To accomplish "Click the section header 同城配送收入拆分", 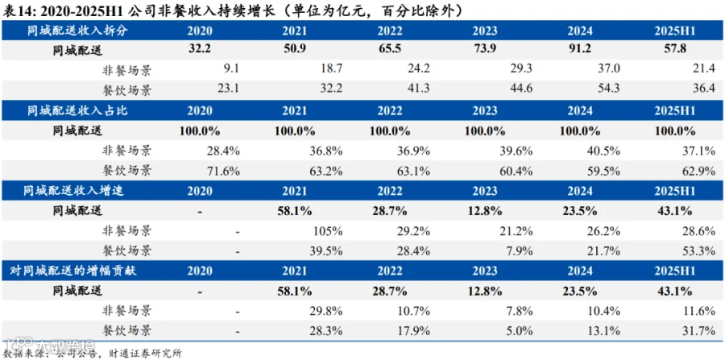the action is pyautogui.click(x=76, y=31).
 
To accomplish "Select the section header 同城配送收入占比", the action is pyautogui.click(x=76, y=111).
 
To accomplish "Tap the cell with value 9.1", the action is pyautogui.click(x=230, y=70).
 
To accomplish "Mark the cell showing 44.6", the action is pyautogui.click(x=520, y=89).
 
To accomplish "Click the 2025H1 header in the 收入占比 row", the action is pyautogui.click(x=674, y=111).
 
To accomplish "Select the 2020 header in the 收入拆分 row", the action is pyautogui.click(x=200, y=31).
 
